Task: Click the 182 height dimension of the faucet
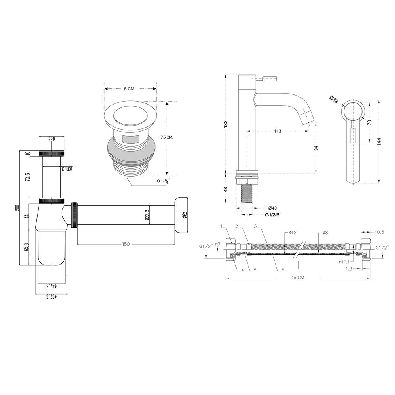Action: [x=226, y=123]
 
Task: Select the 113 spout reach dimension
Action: [x=277, y=131]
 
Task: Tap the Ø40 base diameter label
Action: [x=272, y=208]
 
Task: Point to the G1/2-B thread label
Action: [x=272, y=215]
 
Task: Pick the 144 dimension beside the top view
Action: [x=379, y=141]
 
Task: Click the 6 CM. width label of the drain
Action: [x=130, y=88]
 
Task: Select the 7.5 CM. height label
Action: [x=167, y=137]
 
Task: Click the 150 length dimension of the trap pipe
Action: [x=126, y=244]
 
